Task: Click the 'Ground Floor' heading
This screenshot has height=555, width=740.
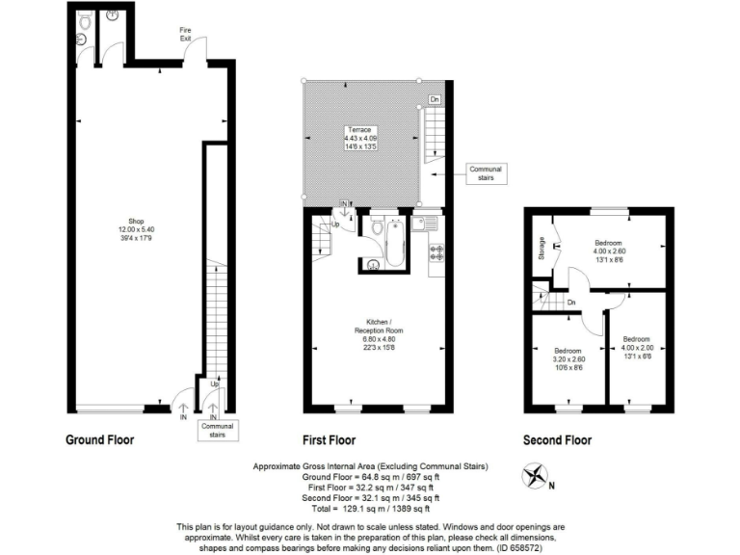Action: click(99, 440)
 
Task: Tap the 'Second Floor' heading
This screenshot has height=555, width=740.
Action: click(558, 440)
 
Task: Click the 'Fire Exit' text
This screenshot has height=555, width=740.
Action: click(186, 34)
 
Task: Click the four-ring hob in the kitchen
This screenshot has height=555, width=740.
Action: click(435, 253)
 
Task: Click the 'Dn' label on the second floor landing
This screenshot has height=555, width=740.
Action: click(570, 303)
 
